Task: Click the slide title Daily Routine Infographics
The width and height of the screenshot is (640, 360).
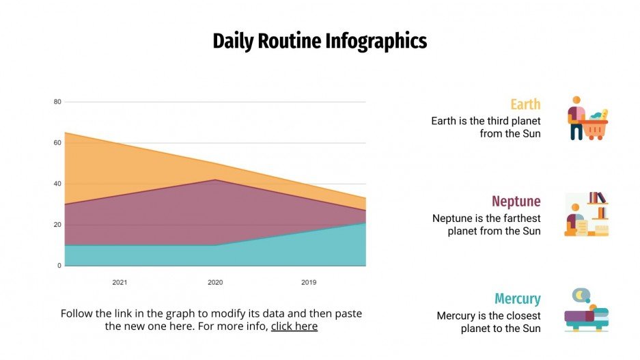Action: pos(320,41)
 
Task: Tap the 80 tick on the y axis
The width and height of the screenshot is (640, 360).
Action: pos(57,102)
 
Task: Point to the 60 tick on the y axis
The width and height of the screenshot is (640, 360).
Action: pos(57,143)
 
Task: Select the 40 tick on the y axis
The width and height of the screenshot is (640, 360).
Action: pos(57,184)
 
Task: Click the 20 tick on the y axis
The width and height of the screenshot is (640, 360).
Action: pos(57,225)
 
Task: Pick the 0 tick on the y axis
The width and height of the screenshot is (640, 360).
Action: pos(59,266)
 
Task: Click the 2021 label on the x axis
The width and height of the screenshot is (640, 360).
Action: pos(120,282)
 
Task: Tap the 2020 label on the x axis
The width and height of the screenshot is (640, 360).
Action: pos(214,282)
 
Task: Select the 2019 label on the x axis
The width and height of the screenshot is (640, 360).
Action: pos(309,282)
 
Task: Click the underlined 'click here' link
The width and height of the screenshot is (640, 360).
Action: pos(294,327)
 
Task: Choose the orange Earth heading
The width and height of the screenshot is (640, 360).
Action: pos(525,105)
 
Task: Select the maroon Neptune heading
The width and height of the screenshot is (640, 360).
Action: pos(516,202)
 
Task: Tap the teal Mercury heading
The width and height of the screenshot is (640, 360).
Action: pos(517,299)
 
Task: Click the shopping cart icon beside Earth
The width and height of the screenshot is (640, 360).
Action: pos(587,119)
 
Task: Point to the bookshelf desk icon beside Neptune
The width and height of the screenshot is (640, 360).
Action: pos(586,214)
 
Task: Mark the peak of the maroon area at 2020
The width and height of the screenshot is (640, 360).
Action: pos(215,180)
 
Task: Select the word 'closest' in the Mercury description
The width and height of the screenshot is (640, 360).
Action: pos(518,316)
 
